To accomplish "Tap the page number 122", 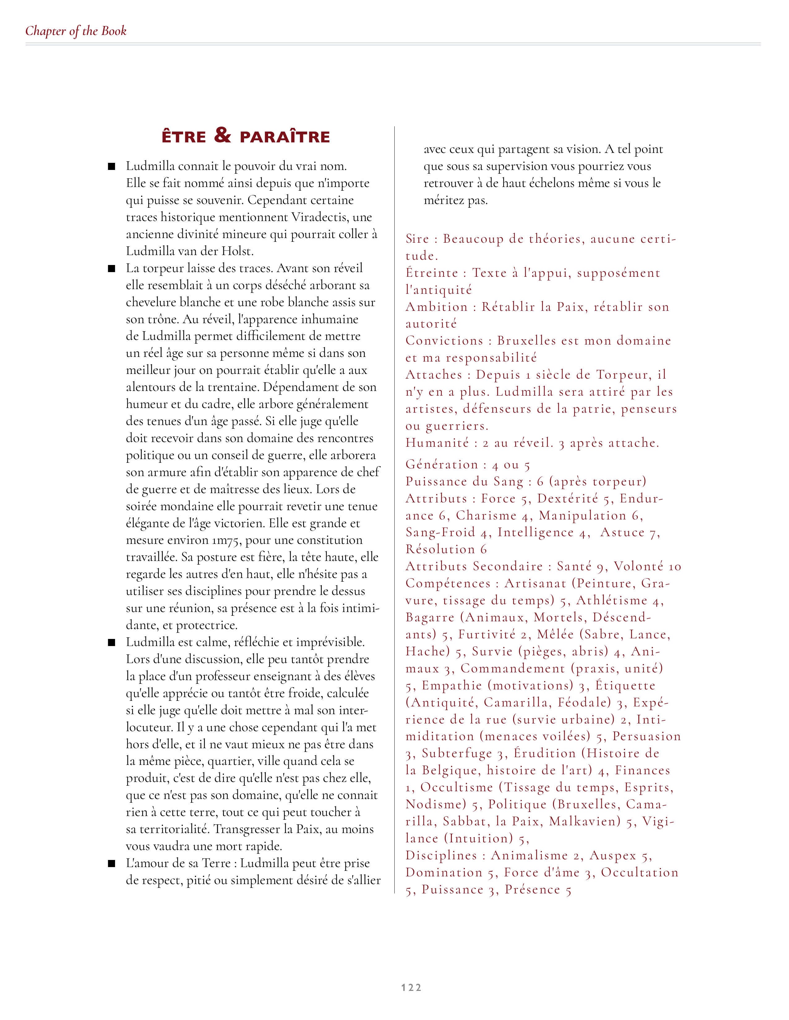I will click(411, 987).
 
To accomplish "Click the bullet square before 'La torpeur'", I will click(112, 269).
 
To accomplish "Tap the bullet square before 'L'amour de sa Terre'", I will click(112, 864).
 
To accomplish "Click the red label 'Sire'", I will click(417, 239).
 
